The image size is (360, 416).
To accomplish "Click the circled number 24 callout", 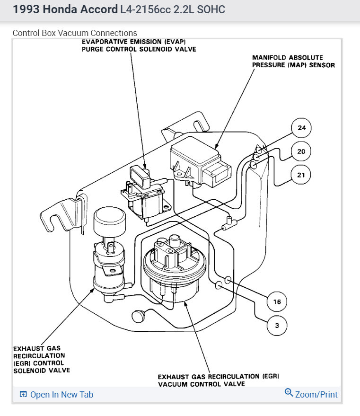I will click(301, 128).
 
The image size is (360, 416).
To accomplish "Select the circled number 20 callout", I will click(301, 151).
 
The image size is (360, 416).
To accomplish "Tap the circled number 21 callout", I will click(301, 175).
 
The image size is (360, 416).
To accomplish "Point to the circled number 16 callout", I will click(277, 301).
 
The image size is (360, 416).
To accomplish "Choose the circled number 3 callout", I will click(277, 325).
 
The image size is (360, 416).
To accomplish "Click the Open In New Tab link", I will click(61, 394).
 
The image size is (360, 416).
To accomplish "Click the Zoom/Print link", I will click(316, 394).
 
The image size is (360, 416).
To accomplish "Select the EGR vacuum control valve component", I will click(175, 270).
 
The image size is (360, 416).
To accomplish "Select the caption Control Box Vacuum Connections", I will click(75, 33).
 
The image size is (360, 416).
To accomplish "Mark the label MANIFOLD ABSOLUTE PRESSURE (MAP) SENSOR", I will click(293, 61).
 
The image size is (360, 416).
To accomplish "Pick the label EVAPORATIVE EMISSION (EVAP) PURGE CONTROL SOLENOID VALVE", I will click(139, 45).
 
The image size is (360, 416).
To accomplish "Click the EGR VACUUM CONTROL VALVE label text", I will click(219, 380).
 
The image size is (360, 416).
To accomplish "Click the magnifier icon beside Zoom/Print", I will click(289, 393).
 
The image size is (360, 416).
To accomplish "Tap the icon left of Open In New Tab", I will click(23, 394).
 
